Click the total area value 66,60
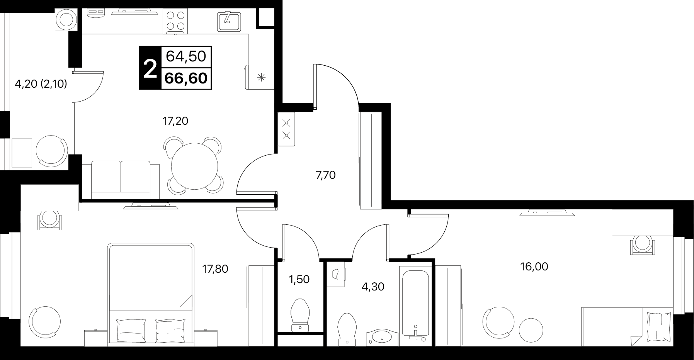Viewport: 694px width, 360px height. click(x=186, y=78)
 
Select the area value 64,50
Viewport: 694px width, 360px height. click(x=186, y=56)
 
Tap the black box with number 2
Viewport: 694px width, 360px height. click(x=150, y=68)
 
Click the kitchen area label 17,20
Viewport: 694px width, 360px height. click(x=175, y=121)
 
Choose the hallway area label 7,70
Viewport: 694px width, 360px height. click(x=326, y=175)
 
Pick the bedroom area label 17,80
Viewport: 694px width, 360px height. click(x=215, y=268)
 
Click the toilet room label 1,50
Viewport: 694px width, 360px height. click(x=299, y=279)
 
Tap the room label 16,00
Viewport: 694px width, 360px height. click(x=534, y=267)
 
